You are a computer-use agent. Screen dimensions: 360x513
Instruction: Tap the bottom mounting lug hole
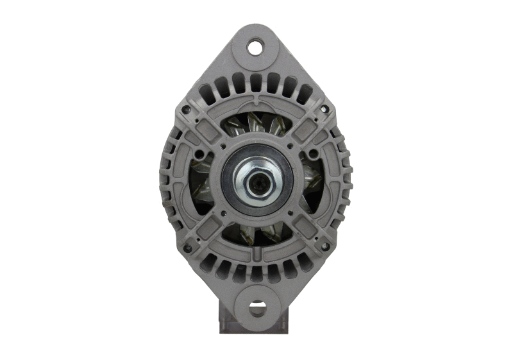pos(257,309)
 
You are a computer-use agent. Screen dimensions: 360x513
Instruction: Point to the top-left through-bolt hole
pos(187,110)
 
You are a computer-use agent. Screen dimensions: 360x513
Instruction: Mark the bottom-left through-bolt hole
pos(187,248)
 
